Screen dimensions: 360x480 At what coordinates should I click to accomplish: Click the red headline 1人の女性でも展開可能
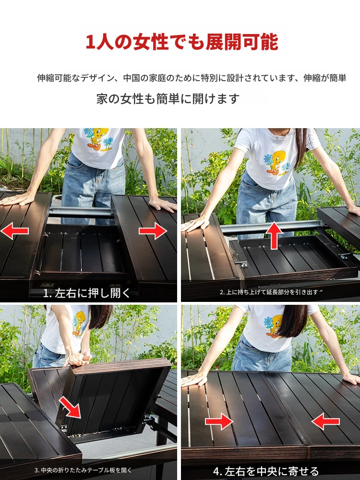pyautogui.click(x=181, y=42)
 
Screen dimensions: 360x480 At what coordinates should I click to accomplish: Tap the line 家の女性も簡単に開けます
pyautogui.click(x=168, y=98)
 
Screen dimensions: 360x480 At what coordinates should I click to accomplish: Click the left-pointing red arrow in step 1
pyautogui.click(x=15, y=230)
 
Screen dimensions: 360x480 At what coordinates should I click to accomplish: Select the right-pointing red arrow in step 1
pyautogui.click(x=153, y=230)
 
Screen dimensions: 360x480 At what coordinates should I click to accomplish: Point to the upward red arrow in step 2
pyautogui.click(x=274, y=235)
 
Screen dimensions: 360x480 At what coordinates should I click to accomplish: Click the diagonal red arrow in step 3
pyautogui.click(x=70, y=407)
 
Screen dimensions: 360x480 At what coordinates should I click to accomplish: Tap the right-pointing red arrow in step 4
pyautogui.click(x=219, y=421)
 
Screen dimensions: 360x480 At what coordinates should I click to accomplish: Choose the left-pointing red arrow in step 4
pyautogui.click(x=325, y=421)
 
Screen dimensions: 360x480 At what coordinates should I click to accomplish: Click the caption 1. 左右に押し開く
pyautogui.click(x=86, y=293)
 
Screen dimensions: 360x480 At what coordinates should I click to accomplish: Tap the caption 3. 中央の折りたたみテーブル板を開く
pyautogui.click(x=83, y=470)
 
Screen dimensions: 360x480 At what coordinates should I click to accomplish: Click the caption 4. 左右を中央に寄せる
pyautogui.click(x=266, y=471)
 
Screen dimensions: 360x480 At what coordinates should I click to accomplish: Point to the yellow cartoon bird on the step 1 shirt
pyautogui.click(x=98, y=138)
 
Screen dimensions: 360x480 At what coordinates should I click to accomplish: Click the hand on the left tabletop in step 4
pyautogui.click(x=194, y=379)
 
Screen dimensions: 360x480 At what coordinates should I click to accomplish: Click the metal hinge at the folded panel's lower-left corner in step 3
pyautogui.click(x=64, y=428)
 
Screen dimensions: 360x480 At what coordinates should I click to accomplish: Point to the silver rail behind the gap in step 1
pyautogui.click(x=80, y=212)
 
